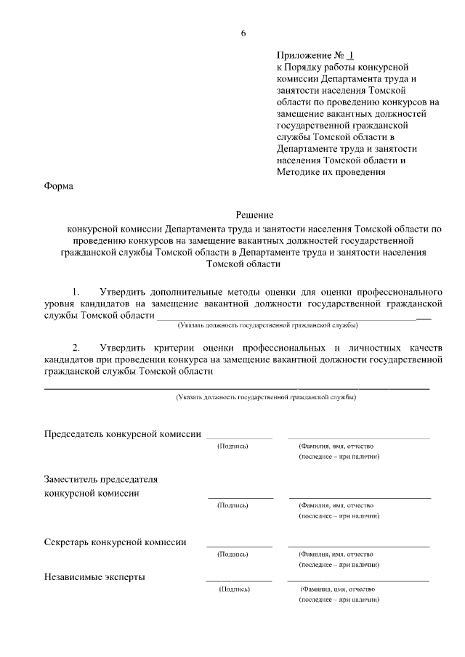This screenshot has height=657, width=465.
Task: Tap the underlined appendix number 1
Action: click(351, 55)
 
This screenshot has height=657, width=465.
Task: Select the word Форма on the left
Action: click(59, 186)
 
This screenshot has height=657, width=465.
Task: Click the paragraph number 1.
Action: click(75, 292)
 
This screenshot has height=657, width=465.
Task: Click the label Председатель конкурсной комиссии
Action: click(123, 433)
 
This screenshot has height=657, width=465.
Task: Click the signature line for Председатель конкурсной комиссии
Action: click(239, 438)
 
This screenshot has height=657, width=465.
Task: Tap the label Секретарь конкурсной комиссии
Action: click(115, 542)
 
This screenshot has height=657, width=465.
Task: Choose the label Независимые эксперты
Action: click(94, 577)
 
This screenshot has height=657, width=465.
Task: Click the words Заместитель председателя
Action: click(101, 479)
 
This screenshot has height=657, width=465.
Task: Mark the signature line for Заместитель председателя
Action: click(240, 498)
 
